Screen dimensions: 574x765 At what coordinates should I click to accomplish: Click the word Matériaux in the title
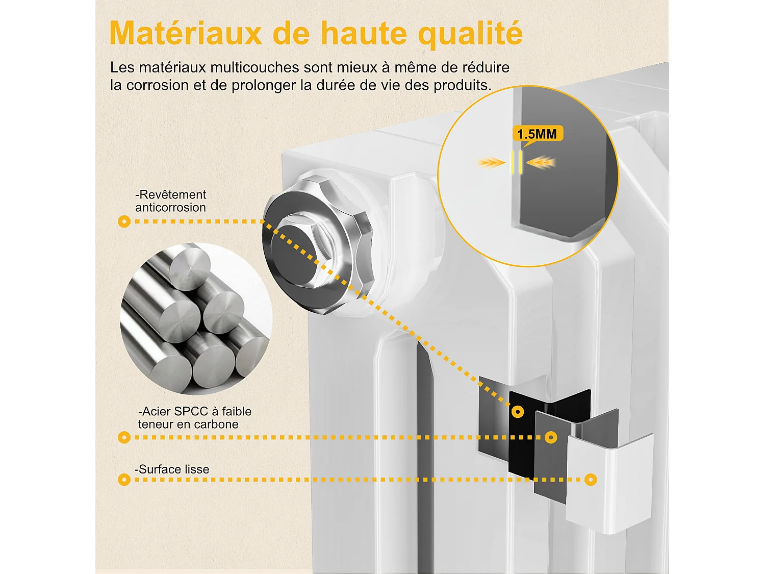coord(186,34)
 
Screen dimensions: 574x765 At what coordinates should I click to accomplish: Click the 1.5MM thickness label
coord(537,134)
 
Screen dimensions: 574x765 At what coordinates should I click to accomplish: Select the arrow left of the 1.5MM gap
coord(491,163)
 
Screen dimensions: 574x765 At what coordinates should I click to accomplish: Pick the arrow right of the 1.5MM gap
coord(541,163)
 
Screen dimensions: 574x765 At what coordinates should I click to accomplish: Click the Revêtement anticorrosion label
coord(170,201)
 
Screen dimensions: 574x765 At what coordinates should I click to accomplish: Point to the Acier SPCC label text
coord(194,411)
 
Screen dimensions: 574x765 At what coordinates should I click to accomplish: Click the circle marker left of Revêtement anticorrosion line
coord(124,221)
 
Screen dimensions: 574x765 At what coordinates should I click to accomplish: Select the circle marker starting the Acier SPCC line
coord(124,437)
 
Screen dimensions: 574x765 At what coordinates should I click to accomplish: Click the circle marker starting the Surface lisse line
coord(124,480)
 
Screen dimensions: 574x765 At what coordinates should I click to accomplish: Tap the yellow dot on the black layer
coord(518,412)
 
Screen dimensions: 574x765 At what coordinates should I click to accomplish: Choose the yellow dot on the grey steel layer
coord(551,437)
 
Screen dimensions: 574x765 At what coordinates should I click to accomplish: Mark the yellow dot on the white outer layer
coord(591,480)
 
